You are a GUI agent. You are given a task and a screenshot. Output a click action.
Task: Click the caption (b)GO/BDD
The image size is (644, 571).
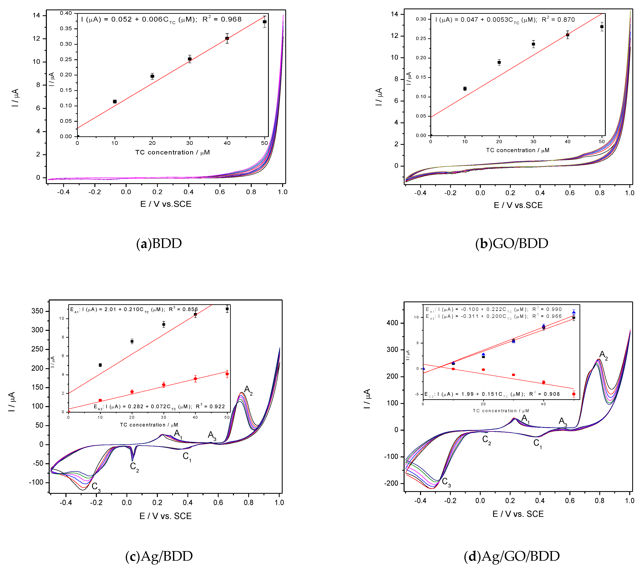point(512,243)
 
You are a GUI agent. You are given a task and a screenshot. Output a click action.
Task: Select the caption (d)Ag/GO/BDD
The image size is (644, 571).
point(512,556)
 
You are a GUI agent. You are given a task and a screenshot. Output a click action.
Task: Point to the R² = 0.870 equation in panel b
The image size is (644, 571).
point(505,20)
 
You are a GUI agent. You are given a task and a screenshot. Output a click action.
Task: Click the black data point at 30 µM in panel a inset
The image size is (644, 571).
point(190,59)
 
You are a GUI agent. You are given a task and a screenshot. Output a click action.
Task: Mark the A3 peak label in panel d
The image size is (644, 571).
point(563,421)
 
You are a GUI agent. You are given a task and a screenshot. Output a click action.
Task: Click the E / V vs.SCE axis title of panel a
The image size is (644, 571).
point(166,204)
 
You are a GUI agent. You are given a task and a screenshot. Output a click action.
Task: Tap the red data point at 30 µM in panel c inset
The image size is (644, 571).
point(163,384)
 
